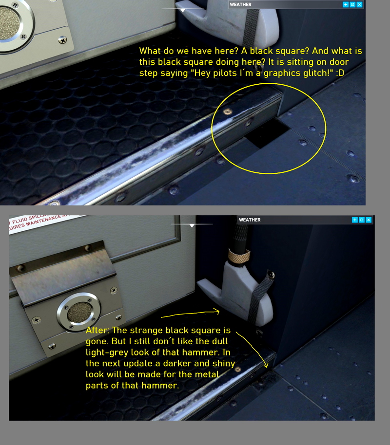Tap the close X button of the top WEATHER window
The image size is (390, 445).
tap(359, 4)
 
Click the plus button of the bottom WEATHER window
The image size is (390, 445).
tap(354, 220)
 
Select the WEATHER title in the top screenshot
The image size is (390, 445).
tap(241, 5)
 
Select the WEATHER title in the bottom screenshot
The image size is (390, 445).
tap(250, 220)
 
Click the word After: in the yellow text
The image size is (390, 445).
tap(98, 331)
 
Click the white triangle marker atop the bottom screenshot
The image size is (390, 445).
tap(193, 225)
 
